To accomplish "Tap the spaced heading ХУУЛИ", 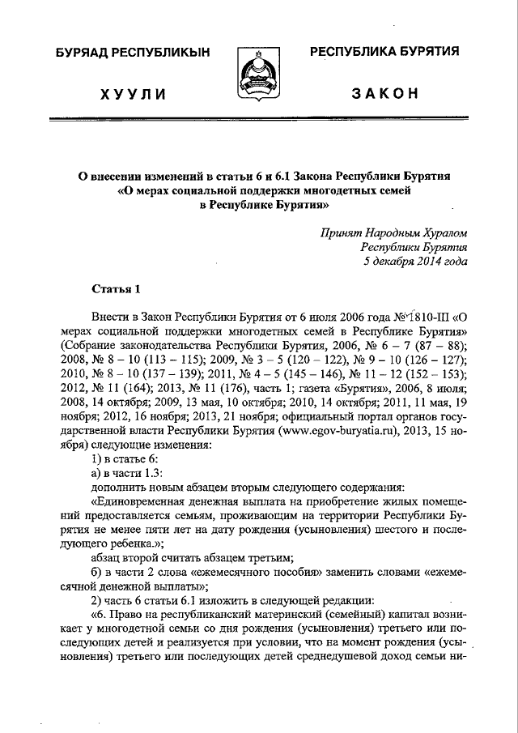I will (x=133, y=95).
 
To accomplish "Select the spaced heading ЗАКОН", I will (x=384, y=94).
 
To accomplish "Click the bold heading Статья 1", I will (x=116, y=289).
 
